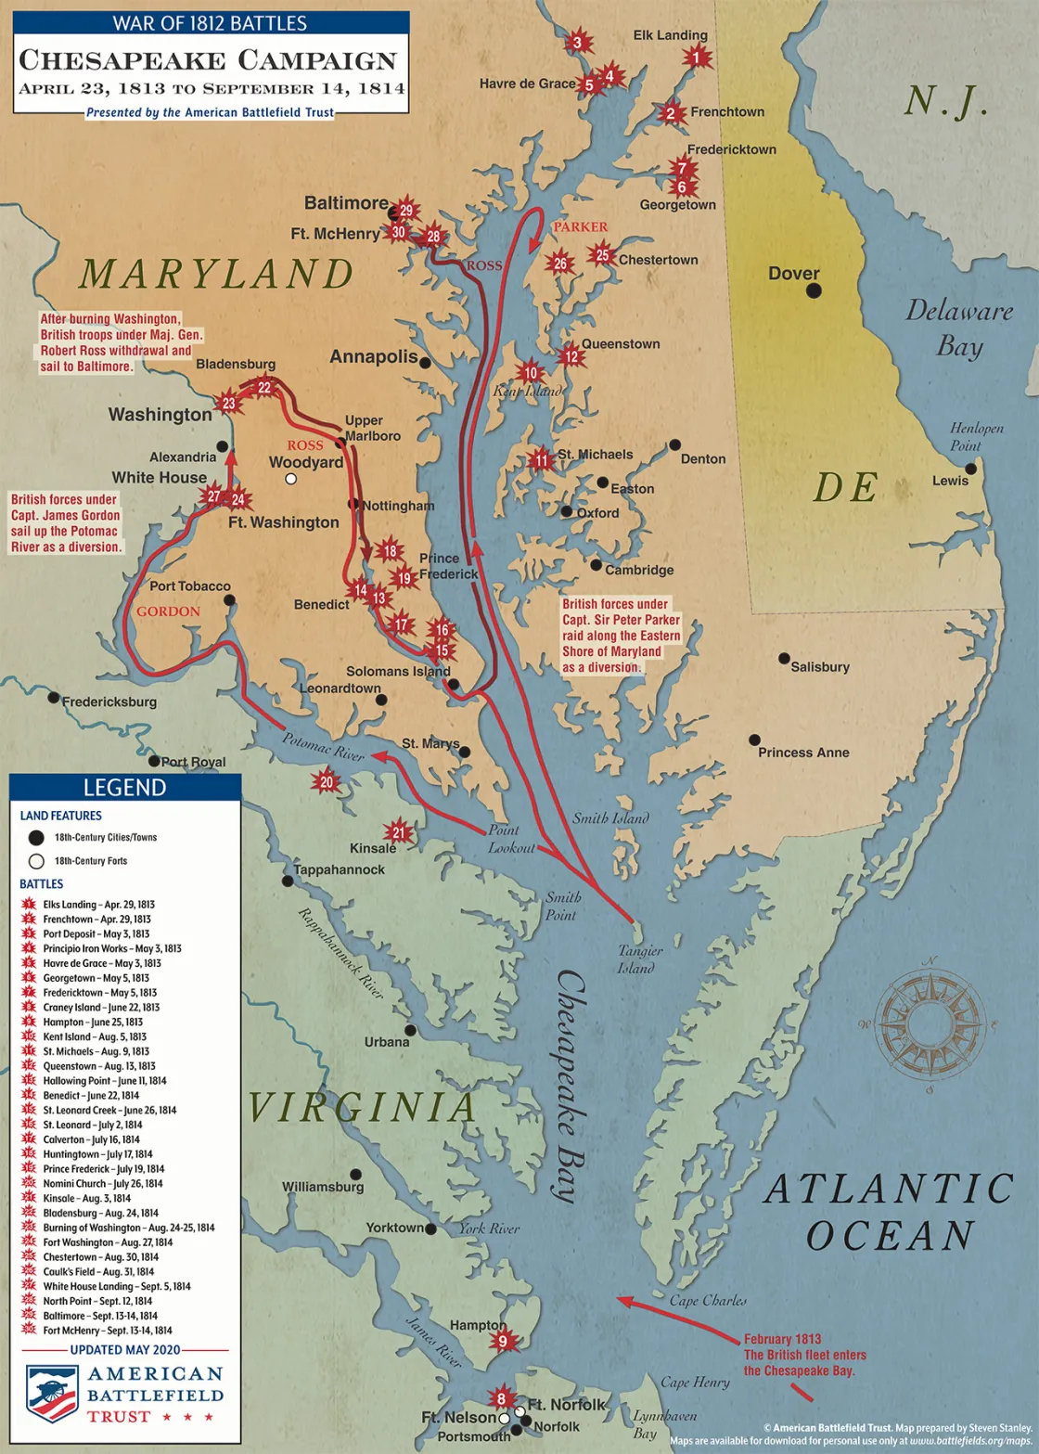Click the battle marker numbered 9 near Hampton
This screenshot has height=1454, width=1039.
tap(503, 1340)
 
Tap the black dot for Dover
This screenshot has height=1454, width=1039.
tap(814, 290)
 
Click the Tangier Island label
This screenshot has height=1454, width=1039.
tap(636, 959)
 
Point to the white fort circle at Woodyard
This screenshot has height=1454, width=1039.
tap(291, 479)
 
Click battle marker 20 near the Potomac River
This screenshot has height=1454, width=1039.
tap(327, 782)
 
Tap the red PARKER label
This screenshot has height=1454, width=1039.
tap(581, 226)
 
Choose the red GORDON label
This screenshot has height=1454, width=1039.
tap(168, 611)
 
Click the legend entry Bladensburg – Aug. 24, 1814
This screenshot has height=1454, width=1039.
tap(100, 1213)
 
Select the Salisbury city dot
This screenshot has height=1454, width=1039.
tap(784, 659)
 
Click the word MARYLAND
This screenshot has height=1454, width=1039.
tap(216, 274)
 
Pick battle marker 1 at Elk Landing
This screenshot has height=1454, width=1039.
tap(696, 58)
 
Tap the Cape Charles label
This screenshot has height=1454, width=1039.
tap(708, 1300)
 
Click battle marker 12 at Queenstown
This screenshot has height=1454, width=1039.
tap(571, 356)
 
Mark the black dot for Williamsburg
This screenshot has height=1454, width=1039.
tap(355, 1174)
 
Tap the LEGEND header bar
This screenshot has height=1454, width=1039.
tap(124, 788)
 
